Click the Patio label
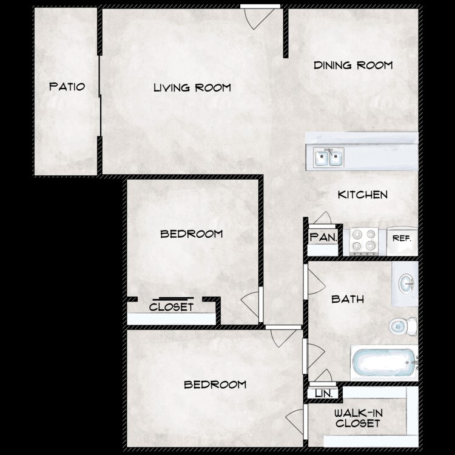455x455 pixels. pyautogui.click(x=66, y=87)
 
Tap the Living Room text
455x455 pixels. pyautogui.click(x=192, y=88)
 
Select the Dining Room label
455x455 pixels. pyautogui.click(x=353, y=65)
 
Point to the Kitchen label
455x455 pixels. pyautogui.click(x=362, y=195)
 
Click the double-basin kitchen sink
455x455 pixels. pyautogui.click(x=328, y=158)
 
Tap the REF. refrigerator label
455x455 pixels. pyautogui.click(x=402, y=239)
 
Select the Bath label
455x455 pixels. pyautogui.click(x=348, y=299)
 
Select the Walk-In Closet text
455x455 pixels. pyautogui.click(x=358, y=418)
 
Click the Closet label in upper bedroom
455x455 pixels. pyautogui.click(x=171, y=307)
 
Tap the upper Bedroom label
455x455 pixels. pyautogui.click(x=191, y=234)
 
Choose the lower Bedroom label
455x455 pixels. pyautogui.click(x=215, y=385)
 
